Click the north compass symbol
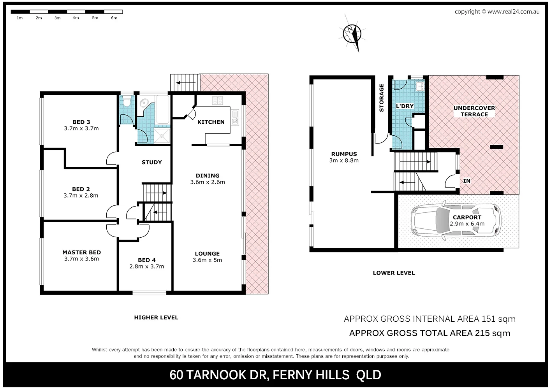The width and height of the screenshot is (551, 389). click(353, 33)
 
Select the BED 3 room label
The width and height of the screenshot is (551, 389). click(81, 122)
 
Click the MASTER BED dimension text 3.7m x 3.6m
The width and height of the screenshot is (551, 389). click(81, 259)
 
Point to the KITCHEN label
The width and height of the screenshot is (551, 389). click(211, 122)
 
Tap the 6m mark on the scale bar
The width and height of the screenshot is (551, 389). click(114, 18)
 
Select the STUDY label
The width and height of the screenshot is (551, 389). click(151, 162)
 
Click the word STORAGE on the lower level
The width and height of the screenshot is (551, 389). click(382, 98)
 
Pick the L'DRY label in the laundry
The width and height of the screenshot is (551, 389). click(404, 106)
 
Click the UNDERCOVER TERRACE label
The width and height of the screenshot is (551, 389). click(474, 111)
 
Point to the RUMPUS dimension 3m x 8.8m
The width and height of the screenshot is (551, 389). click(344, 160)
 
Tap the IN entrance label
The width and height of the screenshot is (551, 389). click(467, 181)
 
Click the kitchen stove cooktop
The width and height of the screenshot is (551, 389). click(217, 101)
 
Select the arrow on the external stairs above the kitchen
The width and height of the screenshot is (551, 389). click(185, 82)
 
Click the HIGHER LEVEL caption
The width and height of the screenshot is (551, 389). click(156, 317)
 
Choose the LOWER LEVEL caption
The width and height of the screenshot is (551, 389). click(394, 273)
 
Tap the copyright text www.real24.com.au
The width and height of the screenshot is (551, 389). click(513, 12)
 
